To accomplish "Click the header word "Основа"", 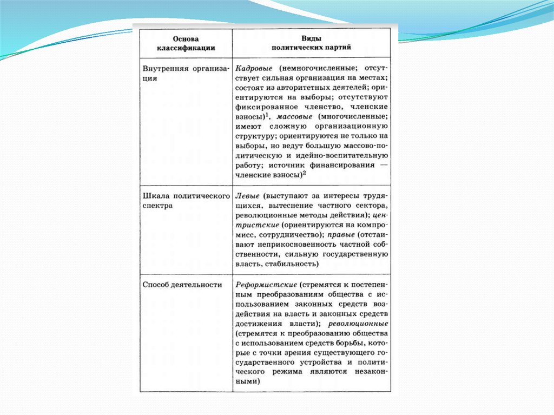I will pyautogui.click(x=186, y=39).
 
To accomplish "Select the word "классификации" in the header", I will pyautogui.click(x=186, y=48).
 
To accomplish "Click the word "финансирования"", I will pyautogui.click(x=335, y=166).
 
